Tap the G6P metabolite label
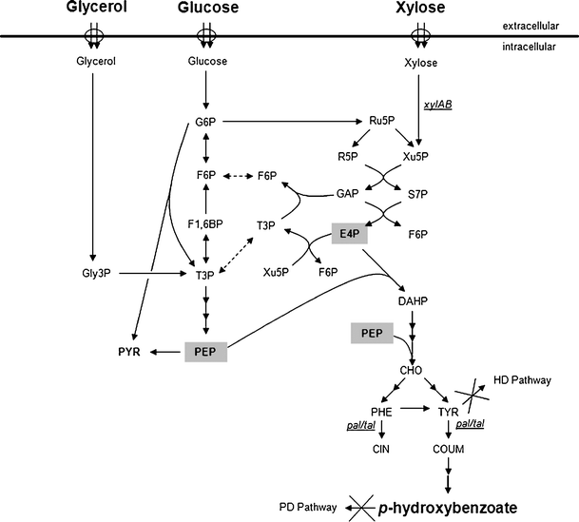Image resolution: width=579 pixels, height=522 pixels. pyautogui.click(x=205, y=124)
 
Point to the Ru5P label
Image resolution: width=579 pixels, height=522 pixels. pyautogui.click(x=382, y=123)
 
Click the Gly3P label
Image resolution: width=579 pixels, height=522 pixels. pyautogui.click(x=92, y=273)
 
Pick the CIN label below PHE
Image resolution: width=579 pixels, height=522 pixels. pyautogui.click(x=377, y=453)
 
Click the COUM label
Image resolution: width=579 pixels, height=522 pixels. pyautogui.click(x=445, y=453)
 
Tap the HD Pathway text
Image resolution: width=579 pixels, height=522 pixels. pyautogui.click(x=521, y=380)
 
